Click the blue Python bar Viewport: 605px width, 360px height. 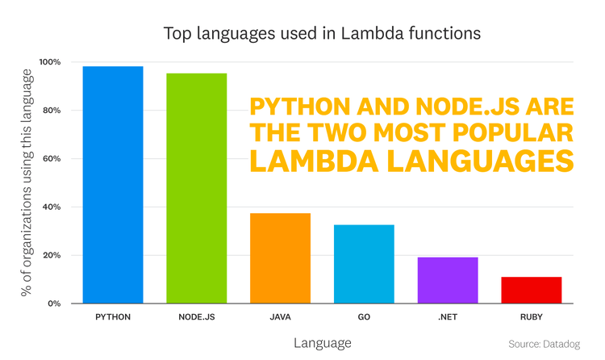(113, 185)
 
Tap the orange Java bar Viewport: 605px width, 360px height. (280, 258)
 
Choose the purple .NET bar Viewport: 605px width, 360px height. (448, 280)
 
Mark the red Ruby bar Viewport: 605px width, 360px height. (531, 290)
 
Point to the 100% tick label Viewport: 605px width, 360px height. (50, 62)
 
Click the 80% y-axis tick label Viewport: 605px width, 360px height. (52, 111)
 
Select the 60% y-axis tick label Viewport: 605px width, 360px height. (52, 159)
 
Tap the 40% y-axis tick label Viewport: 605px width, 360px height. (52, 207)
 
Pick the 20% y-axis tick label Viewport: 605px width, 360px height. (52, 256)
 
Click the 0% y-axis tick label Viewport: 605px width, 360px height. (55, 303)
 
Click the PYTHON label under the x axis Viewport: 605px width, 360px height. (113, 318)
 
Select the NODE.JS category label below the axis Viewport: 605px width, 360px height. (197, 318)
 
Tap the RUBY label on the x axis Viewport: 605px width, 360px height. (531, 318)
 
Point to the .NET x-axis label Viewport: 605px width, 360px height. (448, 318)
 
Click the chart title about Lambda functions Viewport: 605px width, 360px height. (322, 34)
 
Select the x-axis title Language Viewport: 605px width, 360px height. (322, 343)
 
